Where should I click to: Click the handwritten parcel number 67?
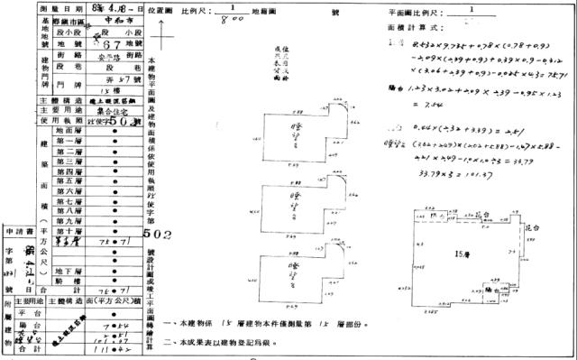click(87, 44)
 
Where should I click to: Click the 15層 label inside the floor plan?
click(461, 253)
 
